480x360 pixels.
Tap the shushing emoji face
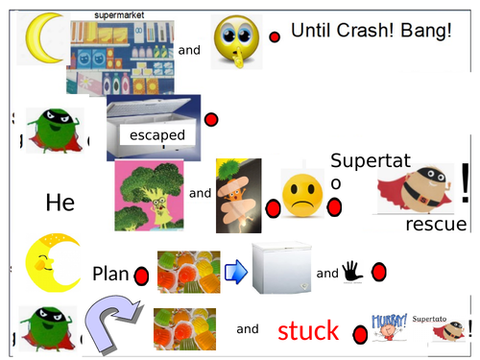[x=235, y=40]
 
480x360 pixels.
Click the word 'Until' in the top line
[x=312, y=32]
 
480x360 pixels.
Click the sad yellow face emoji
[x=302, y=193]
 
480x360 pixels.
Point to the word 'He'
[x=60, y=203]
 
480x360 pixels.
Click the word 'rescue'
[x=436, y=225]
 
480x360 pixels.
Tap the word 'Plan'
[x=110, y=274]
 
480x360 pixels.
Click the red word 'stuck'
[x=307, y=331]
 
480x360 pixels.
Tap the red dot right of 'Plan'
[x=140, y=277]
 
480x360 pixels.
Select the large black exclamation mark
[x=466, y=182]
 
